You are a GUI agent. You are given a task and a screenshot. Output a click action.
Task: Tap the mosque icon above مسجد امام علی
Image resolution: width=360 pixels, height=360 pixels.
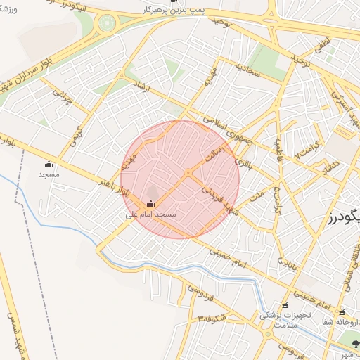tap(149, 204)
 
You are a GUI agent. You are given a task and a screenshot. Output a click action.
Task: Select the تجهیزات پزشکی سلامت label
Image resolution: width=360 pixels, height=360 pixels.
tap(277, 320)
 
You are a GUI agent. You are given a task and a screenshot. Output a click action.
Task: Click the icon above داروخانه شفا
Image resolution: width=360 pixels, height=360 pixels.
tap(342, 312)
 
